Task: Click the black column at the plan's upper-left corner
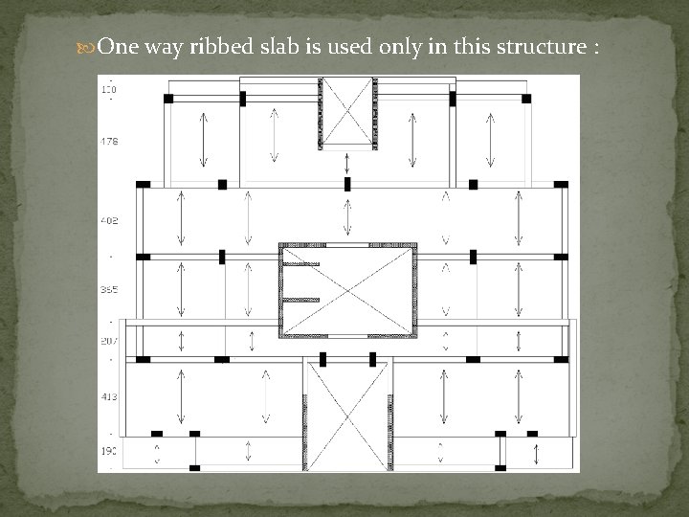pos(168,98)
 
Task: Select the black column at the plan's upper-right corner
pos(525,98)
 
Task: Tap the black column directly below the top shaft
pos(347,183)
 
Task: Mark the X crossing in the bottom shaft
pos(346,416)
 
